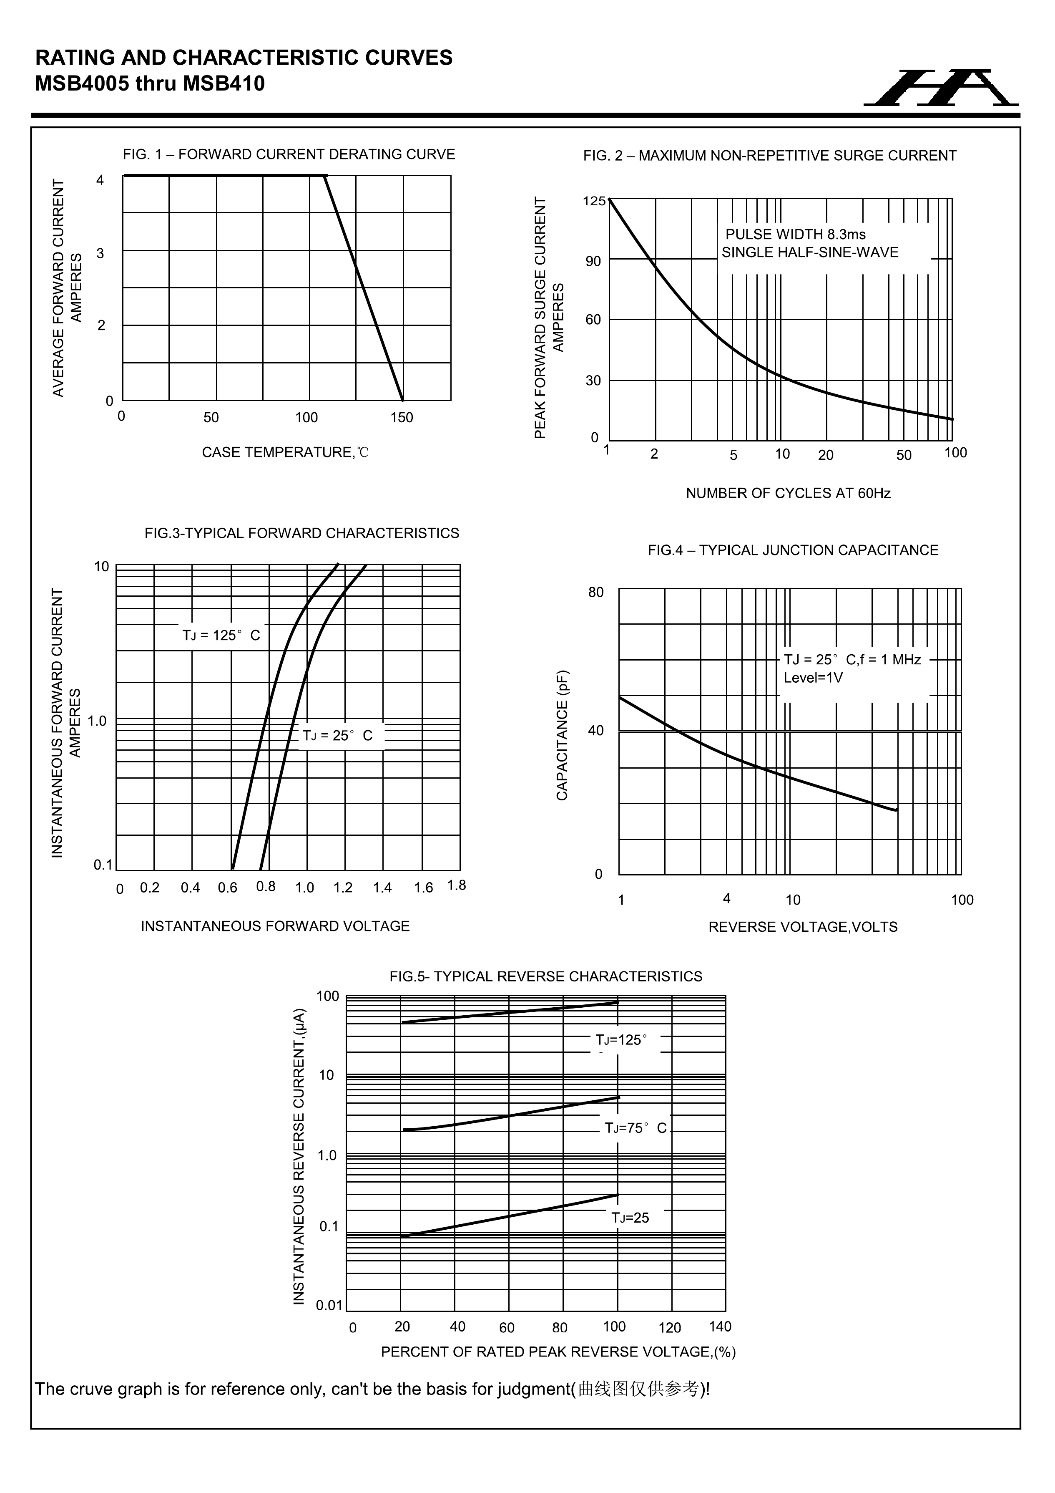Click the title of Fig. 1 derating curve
tap(289, 155)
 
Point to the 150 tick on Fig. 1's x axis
tap(402, 417)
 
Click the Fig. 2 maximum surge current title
tap(770, 156)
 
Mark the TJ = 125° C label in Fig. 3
tap(221, 636)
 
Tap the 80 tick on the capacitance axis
tap(596, 593)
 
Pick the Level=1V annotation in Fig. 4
tap(813, 678)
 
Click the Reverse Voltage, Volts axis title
tap(803, 927)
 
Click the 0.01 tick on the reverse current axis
tap(329, 1305)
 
